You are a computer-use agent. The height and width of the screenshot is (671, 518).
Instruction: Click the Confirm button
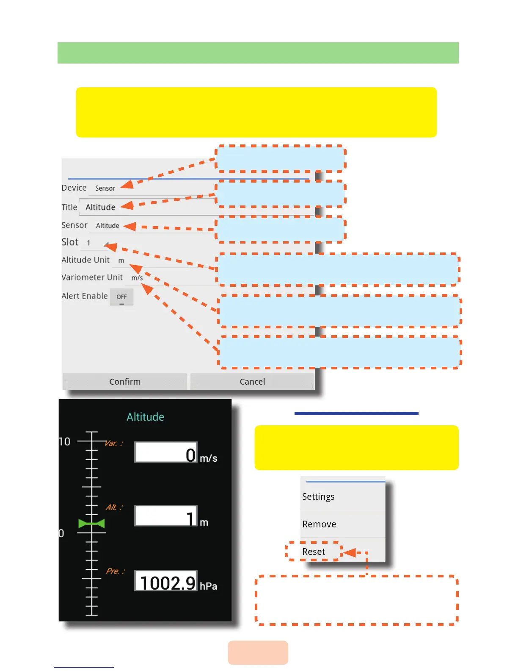(125, 381)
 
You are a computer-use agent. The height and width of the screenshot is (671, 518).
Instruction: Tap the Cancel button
(252, 381)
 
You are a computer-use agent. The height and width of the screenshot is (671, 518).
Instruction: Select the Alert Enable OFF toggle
(121, 297)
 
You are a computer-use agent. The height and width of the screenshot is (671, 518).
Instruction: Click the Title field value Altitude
(100, 207)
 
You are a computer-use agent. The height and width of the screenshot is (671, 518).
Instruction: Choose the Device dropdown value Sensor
(105, 188)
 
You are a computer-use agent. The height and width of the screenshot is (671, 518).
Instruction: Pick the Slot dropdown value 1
(89, 243)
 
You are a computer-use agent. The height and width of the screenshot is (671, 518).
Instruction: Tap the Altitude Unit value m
(121, 261)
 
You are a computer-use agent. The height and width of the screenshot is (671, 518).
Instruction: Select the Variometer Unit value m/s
(137, 278)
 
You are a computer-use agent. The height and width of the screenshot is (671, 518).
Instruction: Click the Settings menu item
(318, 496)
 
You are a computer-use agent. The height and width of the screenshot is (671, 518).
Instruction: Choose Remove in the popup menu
(319, 524)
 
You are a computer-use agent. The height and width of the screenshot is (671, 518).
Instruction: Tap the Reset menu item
(314, 552)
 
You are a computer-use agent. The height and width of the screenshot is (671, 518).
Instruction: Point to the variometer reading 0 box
(166, 452)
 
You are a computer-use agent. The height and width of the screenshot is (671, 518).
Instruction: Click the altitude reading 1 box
(166, 516)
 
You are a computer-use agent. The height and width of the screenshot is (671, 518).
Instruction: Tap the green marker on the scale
(91, 524)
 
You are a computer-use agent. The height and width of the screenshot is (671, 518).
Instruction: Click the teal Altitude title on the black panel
(145, 417)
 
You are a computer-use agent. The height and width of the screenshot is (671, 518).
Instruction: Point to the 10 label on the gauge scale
(65, 442)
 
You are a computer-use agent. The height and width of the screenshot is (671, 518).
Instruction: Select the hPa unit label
(208, 586)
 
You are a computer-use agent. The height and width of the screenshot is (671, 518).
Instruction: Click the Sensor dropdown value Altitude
(107, 226)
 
